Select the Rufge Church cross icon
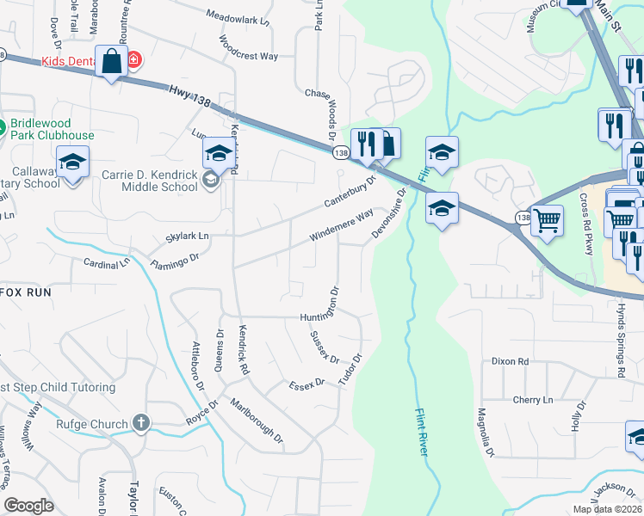pos(141,423)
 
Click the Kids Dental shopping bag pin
pos(111,62)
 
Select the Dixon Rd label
pos(509,362)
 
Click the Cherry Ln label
pos(533,400)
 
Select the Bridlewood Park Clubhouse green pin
pos(2,129)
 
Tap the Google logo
pos(28,506)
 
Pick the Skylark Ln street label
pos(187,236)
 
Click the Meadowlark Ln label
pos(238,15)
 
